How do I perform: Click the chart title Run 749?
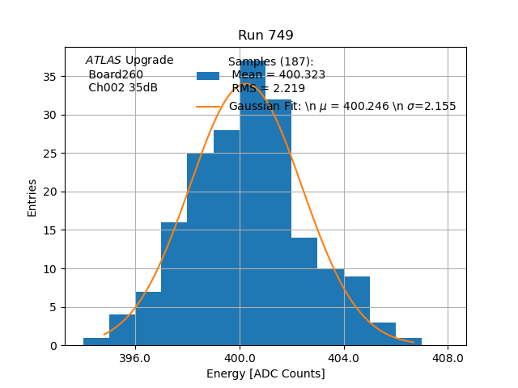tap(265, 36)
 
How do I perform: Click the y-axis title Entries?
tap(32, 197)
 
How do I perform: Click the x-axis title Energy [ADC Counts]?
tap(265, 373)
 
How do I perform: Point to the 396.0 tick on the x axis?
tap(135, 357)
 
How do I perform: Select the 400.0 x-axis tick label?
tap(240, 357)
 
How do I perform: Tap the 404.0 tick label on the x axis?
tap(344, 357)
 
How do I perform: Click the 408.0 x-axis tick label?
tap(448, 357)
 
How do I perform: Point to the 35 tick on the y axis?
tap(50, 77)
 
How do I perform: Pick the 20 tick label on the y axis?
tap(50, 192)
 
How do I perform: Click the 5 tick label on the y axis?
tap(53, 307)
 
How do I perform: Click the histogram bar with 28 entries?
tap(227, 242)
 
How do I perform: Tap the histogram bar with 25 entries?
tap(200, 251)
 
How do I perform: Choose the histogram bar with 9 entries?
tap(357, 312)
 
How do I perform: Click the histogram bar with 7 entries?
tap(148, 319)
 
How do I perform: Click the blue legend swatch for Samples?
tap(208, 75)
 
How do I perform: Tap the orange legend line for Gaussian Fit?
tap(208, 106)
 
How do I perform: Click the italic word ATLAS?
tap(104, 61)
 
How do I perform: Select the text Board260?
tap(116, 74)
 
